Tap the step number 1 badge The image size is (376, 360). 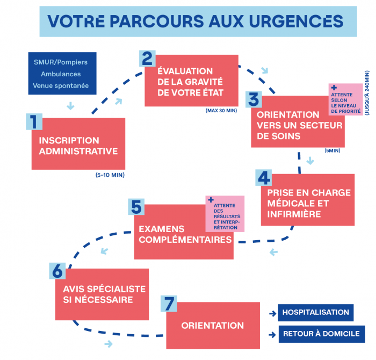pyautogui.click(x=34, y=121)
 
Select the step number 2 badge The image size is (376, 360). pyautogui.click(x=147, y=58)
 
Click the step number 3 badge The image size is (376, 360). pyautogui.click(x=254, y=99)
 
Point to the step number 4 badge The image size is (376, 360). pyautogui.click(x=264, y=178)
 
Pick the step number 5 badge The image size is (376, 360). pyautogui.click(x=136, y=207)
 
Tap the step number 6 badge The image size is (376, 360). pyautogui.click(x=57, y=271)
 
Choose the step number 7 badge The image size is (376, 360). pyautogui.click(x=169, y=304)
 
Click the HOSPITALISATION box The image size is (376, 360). pyautogui.click(x=316, y=313)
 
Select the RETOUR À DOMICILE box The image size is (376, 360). pyautogui.click(x=322, y=334)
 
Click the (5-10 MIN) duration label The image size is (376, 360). pyautogui.click(x=110, y=175)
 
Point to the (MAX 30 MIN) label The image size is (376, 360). pyautogui.click(x=221, y=111)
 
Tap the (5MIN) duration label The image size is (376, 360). pyautogui.click(x=332, y=150)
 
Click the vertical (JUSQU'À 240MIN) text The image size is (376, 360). pyautogui.click(x=367, y=93)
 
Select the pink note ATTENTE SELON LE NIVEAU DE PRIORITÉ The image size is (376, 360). pyautogui.click(x=345, y=99)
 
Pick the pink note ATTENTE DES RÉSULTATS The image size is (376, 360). pyautogui.click(x=225, y=214)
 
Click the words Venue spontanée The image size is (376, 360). pyautogui.click(x=61, y=85)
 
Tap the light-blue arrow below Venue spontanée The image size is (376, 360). pyautogui.click(x=70, y=106)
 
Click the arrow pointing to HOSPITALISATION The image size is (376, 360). pyautogui.click(x=273, y=313)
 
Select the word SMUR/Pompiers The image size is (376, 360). pyautogui.click(x=61, y=62)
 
